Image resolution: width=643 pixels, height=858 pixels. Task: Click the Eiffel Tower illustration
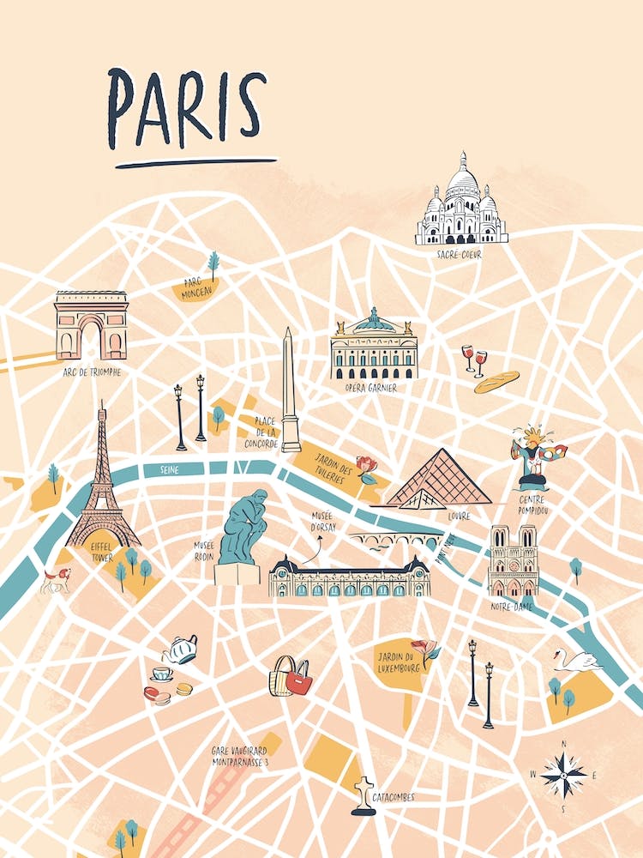tap(102, 489)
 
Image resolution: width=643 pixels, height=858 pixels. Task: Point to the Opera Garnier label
tap(371, 388)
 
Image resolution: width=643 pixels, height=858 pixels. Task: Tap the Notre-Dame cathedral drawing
tap(513, 562)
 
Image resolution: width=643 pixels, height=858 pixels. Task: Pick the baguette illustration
tap(497, 382)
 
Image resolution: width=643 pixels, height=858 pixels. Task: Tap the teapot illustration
tap(181, 650)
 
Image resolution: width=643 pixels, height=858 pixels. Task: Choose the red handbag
tap(298, 678)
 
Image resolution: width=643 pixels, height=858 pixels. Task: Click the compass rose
tap(563, 775)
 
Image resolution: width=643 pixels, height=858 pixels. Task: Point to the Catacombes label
tap(394, 797)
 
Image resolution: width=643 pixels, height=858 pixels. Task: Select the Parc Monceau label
tap(196, 290)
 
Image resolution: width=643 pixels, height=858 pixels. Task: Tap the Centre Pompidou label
tap(533, 505)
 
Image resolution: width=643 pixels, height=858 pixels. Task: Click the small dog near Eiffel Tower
tap(56, 581)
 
